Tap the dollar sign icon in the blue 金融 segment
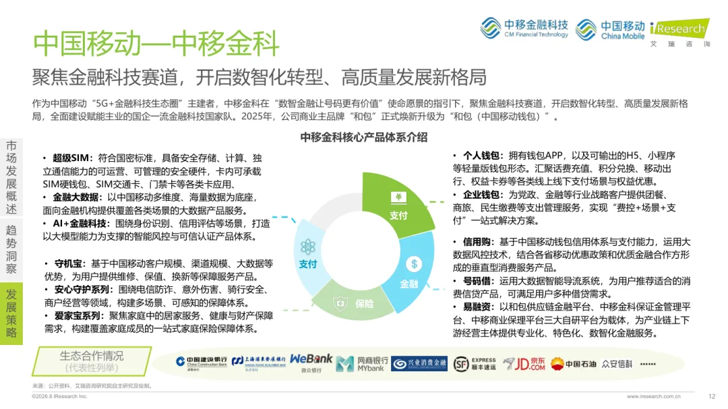[x=414, y=264]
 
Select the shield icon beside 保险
[x=341, y=304]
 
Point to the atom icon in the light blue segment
[x=307, y=247]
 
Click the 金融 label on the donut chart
[x=409, y=284]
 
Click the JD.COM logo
[x=524, y=364]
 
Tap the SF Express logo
[x=475, y=364]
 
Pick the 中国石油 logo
[x=574, y=364]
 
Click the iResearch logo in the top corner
[x=680, y=32]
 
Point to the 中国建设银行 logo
[x=202, y=363]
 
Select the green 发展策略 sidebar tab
[x=11, y=313]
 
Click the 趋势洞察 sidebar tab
[x=11, y=249]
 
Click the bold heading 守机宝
[x=69, y=263]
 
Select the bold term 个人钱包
[x=481, y=156]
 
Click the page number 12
[x=712, y=396]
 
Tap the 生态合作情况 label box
[x=92, y=361]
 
